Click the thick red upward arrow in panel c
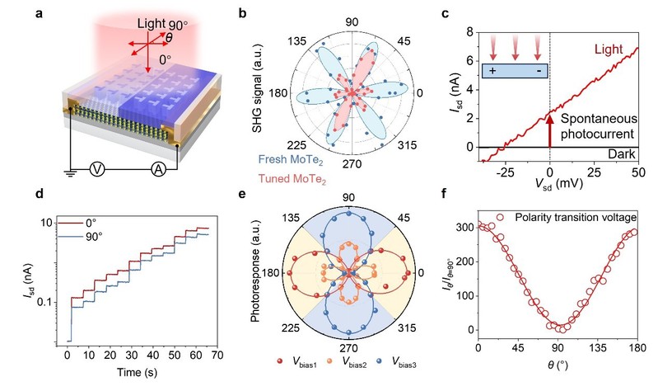[550, 127]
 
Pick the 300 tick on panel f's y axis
[468, 227]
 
